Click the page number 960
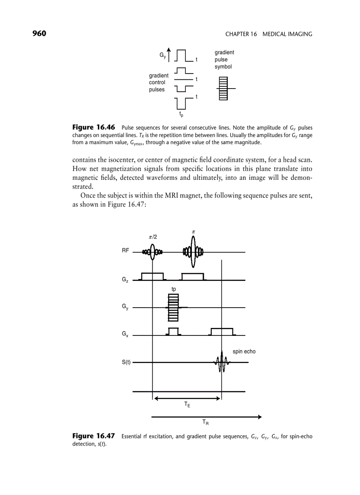tap(39, 34)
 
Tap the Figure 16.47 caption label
tap(94, 436)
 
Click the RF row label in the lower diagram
tap(126, 250)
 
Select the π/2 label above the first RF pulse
tap(153, 237)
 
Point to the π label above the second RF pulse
tap(193, 231)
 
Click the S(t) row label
tap(126, 362)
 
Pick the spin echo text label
tap(244, 352)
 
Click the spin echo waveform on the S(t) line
tap(221, 362)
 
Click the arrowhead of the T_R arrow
tap(259, 417)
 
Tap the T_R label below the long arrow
tap(206, 423)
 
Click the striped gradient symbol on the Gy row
tap(173, 308)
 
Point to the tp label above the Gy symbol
tap(174, 289)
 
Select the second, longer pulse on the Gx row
tap(222, 332)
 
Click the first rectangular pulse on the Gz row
tap(152, 276)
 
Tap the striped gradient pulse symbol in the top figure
tap(223, 89)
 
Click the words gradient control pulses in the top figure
tap(158, 82)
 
